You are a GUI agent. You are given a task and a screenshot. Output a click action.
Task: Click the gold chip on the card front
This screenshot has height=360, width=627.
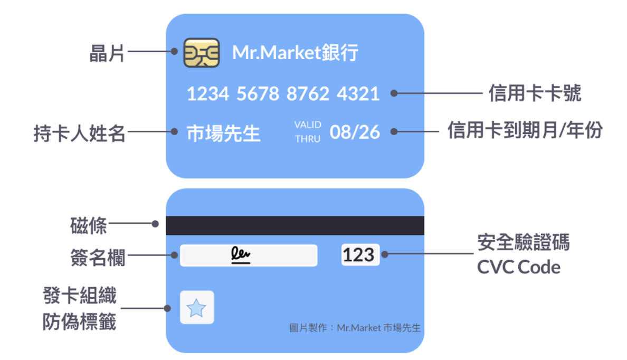201,53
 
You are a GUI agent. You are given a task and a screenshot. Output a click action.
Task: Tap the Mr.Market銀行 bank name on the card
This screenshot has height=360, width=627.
296,53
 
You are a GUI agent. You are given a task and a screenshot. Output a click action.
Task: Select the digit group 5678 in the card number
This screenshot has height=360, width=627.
258,94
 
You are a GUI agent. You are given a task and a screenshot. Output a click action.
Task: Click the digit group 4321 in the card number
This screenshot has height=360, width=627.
358,94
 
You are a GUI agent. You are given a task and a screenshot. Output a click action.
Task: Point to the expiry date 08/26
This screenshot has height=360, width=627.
355,132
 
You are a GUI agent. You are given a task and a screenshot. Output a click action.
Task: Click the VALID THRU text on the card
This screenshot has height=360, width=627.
308,132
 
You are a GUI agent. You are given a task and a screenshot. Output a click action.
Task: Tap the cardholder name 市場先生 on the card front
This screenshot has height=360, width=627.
223,134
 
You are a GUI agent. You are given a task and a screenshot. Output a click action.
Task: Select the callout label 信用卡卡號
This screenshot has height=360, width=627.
535,94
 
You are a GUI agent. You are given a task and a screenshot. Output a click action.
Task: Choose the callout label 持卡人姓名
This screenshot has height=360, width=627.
79,134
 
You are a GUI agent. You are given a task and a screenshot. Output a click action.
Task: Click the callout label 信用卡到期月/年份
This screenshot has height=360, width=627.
525,130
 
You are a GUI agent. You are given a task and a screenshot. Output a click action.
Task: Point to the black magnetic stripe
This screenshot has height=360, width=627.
294,225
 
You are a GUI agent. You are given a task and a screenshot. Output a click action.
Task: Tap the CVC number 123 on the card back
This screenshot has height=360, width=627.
359,255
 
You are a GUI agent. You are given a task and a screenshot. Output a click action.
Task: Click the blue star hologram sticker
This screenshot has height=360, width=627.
196,307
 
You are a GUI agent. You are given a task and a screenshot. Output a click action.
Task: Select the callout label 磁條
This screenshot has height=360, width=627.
88,225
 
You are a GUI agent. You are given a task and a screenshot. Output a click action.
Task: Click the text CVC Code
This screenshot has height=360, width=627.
518,267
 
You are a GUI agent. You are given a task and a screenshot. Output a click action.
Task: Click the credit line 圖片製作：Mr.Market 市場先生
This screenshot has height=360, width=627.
355,328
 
